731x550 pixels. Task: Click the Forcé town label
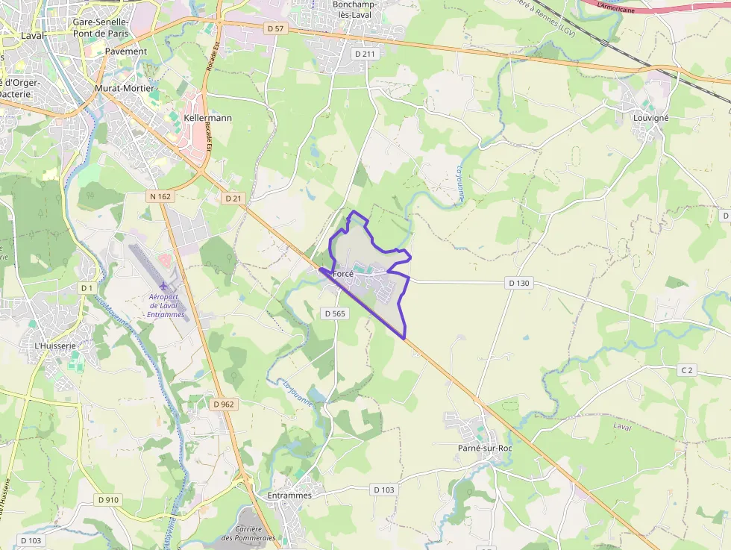(x=342, y=274)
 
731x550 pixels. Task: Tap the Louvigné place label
(x=650, y=118)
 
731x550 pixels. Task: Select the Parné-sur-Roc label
(x=485, y=448)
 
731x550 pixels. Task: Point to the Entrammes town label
(x=289, y=495)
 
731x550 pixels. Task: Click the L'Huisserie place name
(x=55, y=346)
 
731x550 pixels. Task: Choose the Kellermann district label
(x=207, y=118)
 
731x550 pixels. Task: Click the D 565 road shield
(x=336, y=314)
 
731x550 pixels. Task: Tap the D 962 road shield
(x=223, y=404)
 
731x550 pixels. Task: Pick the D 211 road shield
(x=365, y=54)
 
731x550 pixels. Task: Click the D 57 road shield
(x=275, y=28)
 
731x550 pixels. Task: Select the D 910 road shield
(x=107, y=499)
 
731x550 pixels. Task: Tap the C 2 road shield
(x=687, y=370)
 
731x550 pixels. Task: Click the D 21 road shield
(x=233, y=199)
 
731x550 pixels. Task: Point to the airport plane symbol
(x=163, y=286)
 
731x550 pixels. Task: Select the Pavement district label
(x=126, y=51)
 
